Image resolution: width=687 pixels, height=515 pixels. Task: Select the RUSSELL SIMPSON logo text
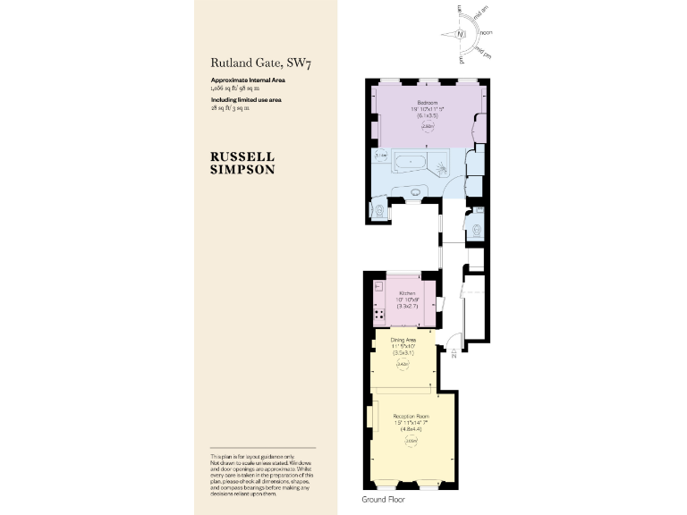click(x=242, y=161)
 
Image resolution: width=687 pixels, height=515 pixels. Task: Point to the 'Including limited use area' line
click(x=246, y=99)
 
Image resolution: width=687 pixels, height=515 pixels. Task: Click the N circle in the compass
click(x=460, y=35)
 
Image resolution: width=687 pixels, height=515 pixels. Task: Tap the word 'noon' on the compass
click(x=487, y=33)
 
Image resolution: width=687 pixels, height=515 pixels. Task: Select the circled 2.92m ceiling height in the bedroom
click(x=428, y=127)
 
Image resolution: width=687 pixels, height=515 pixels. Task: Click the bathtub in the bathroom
click(x=411, y=164)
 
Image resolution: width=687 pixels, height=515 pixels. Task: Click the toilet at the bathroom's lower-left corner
click(x=380, y=211)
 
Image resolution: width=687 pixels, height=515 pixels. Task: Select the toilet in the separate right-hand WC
click(x=478, y=228)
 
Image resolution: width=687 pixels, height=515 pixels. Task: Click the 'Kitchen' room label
click(x=408, y=293)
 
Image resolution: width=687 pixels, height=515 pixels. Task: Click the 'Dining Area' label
click(x=403, y=340)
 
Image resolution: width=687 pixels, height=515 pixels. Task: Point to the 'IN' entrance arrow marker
click(x=455, y=352)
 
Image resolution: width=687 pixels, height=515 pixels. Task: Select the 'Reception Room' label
click(x=411, y=417)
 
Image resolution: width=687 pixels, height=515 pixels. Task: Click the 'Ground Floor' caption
click(x=383, y=498)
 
